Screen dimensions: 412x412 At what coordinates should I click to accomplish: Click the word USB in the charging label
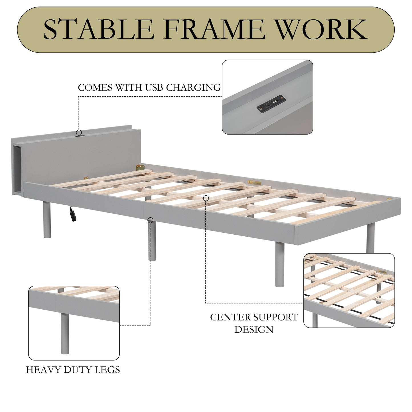click(155, 88)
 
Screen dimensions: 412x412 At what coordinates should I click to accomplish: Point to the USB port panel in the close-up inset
click(271, 103)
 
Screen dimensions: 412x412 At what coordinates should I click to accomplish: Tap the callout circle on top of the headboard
click(79, 133)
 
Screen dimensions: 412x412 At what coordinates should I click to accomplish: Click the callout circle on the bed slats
click(206, 198)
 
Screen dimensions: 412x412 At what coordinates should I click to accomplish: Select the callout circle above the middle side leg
click(151, 220)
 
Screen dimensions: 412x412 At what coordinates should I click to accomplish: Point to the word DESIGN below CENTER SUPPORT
click(254, 330)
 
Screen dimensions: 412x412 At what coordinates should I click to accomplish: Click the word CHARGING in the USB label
click(193, 88)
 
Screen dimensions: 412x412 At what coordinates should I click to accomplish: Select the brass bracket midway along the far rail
click(254, 182)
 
